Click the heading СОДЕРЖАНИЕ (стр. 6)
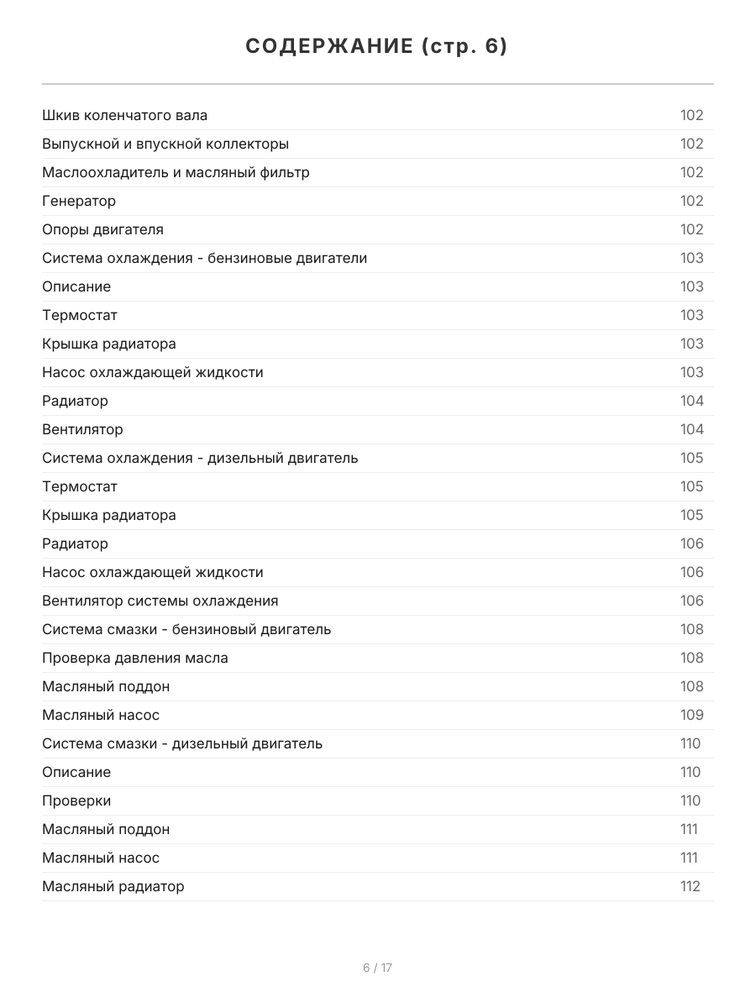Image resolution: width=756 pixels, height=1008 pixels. click(x=377, y=47)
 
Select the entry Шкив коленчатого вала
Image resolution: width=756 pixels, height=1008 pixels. click(x=125, y=115)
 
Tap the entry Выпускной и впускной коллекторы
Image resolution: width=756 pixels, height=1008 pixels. click(x=165, y=144)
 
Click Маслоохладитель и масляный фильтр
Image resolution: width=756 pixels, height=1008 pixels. click(x=176, y=172)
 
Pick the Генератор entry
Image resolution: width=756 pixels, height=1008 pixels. click(x=79, y=201)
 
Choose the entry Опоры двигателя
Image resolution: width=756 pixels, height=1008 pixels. click(x=102, y=229)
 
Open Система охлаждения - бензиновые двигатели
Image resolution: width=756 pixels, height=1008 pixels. click(x=204, y=258)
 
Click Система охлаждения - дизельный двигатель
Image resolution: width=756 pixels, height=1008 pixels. click(x=200, y=458)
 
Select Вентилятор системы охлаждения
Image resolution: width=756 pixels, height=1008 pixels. click(x=160, y=601)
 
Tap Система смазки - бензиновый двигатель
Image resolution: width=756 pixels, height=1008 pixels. click(x=186, y=629)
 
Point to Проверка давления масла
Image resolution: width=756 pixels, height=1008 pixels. click(x=134, y=658)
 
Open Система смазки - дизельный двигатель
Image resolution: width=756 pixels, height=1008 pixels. click(x=182, y=743)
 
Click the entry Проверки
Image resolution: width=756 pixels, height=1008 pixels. click(x=76, y=801)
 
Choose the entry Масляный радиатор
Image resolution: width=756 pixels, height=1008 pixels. click(x=113, y=886)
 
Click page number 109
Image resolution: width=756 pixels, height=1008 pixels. click(x=691, y=715)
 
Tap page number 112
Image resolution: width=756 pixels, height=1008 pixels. click(x=690, y=886)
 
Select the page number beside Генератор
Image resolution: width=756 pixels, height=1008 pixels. click(x=691, y=201)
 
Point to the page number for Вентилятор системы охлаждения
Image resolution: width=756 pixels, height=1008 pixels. click(x=691, y=601)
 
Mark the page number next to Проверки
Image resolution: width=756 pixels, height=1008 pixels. click(x=690, y=801)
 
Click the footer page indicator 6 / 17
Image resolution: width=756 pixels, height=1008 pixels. click(x=377, y=968)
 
